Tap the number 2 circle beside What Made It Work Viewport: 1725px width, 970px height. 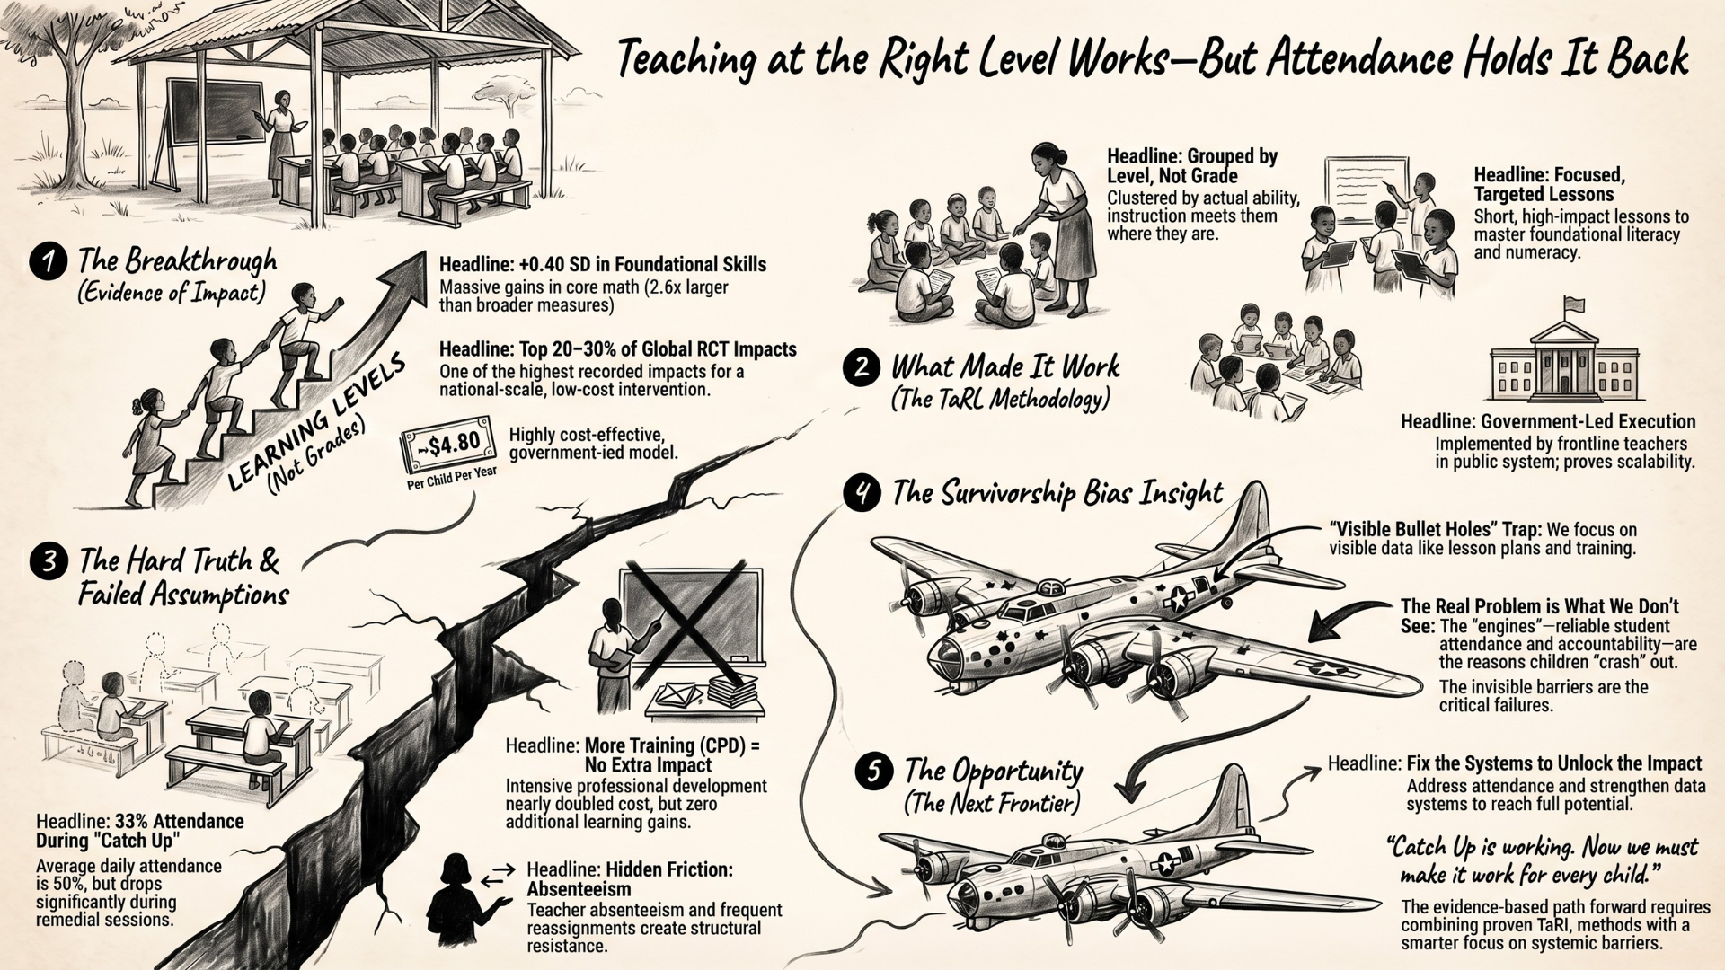pos(862,368)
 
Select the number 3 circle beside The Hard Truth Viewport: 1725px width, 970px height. pos(48,561)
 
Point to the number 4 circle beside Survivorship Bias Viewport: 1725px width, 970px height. pos(862,493)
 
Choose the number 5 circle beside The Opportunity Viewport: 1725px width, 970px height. pos(874,772)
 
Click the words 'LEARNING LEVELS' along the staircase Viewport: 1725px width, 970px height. pos(314,420)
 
